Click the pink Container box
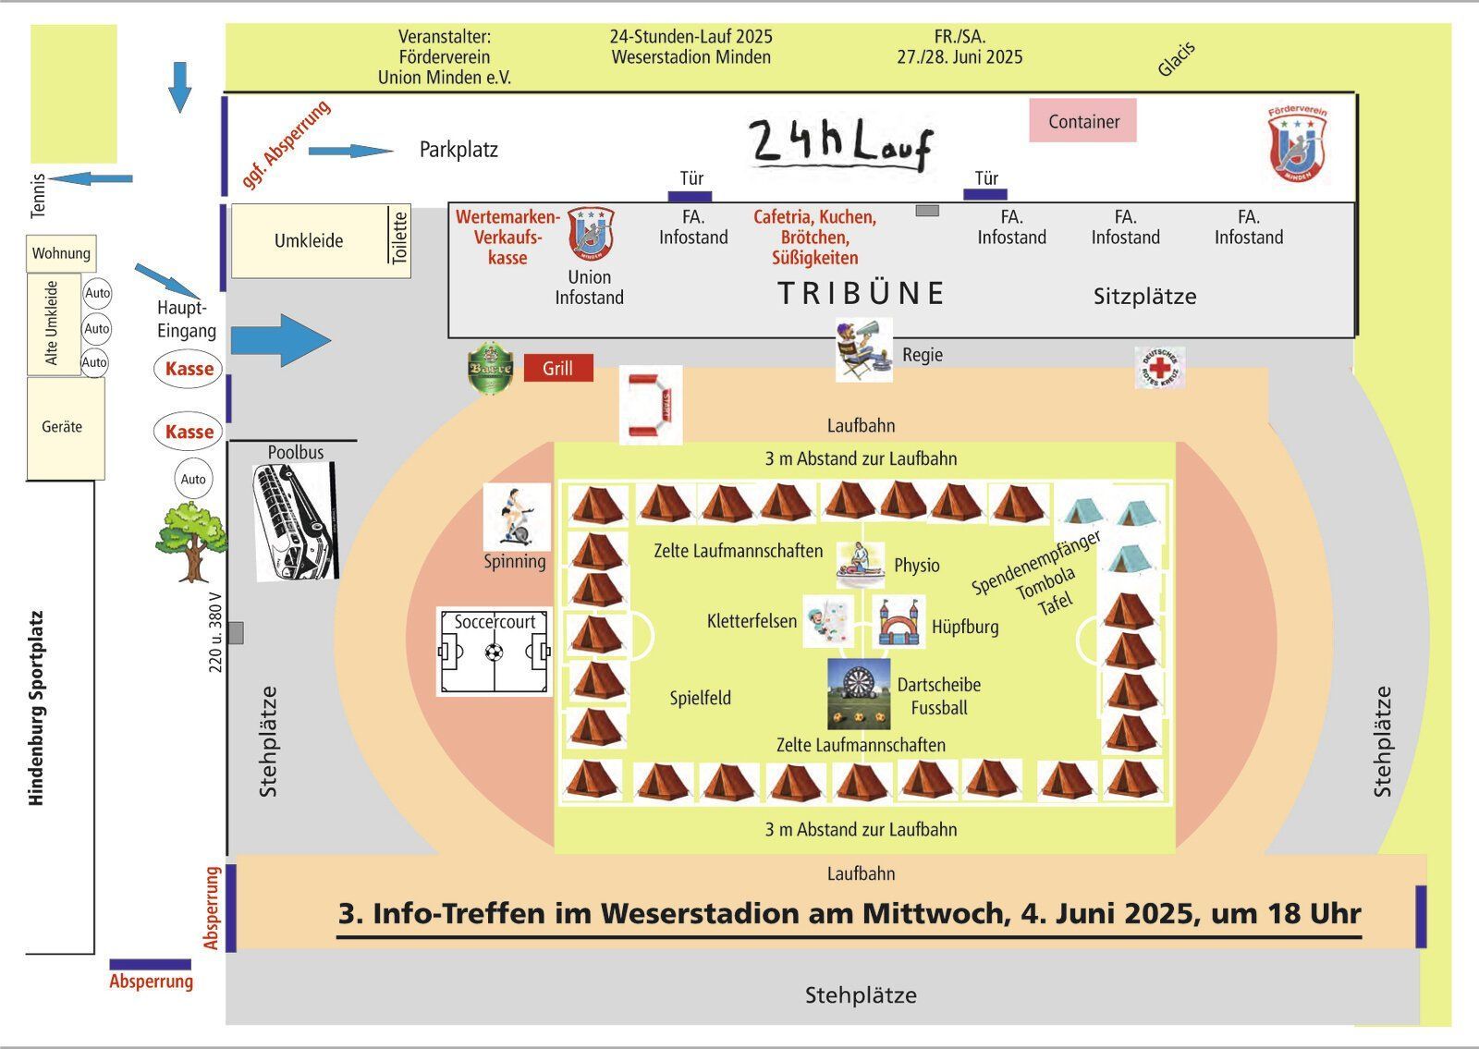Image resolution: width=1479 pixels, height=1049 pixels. [1082, 120]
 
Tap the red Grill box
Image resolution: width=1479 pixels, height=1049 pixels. [558, 368]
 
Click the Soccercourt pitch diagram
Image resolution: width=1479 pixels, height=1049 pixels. [495, 652]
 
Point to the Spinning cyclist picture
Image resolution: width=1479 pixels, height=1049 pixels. [517, 517]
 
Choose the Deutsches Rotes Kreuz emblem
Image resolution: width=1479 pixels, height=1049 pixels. [1160, 368]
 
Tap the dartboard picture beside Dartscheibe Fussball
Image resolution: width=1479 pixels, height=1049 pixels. [859, 694]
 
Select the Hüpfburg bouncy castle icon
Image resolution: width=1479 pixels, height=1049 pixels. [898, 621]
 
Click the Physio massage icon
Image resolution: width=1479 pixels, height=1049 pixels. [861, 565]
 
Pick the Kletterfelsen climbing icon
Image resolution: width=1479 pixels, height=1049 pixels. [828, 621]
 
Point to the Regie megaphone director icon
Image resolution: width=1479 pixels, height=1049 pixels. [863, 350]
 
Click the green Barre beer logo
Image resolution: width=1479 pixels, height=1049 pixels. [490, 369]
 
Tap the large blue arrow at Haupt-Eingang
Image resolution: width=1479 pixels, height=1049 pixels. [281, 340]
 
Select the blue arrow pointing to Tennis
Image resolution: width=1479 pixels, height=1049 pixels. [91, 178]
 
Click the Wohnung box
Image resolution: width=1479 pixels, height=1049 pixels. [61, 253]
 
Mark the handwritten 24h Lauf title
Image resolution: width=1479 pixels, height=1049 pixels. [841, 144]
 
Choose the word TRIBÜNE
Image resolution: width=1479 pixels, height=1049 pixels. [861, 293]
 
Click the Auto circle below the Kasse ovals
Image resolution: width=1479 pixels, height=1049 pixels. [193, 479]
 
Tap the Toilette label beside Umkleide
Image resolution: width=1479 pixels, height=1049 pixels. [399, 238]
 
